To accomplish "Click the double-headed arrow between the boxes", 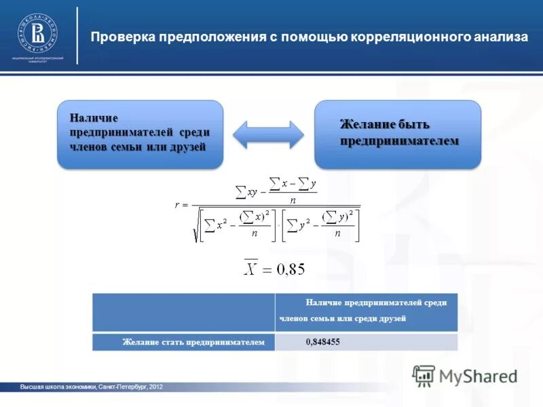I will (x=268, y=134).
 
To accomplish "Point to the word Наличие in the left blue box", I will (x=94, y=118).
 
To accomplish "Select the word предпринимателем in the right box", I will (x=399, y=140).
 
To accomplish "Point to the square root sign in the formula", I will (x=197, y=226).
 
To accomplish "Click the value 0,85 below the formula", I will (x=289, y=269).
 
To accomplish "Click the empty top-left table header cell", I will (x=183, y=312).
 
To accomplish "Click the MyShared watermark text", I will (x=478, y=376).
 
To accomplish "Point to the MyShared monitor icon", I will (x=424, y=375).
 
